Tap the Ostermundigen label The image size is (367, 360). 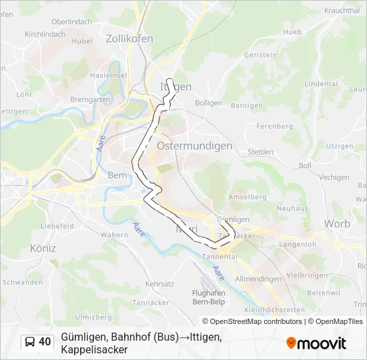194,145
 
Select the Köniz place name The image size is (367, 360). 43,248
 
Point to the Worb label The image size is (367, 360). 337,223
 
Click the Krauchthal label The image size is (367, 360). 342,11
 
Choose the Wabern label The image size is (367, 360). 114,235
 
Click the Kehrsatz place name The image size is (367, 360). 159,284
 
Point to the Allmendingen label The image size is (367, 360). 258,278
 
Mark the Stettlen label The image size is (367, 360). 260,152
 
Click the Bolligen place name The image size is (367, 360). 208,103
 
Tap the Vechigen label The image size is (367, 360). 334,177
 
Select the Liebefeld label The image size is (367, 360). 57,226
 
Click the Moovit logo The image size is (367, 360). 316,343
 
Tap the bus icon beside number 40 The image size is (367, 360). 30,342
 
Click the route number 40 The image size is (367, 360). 45,342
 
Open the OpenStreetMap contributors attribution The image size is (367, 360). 252,321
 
